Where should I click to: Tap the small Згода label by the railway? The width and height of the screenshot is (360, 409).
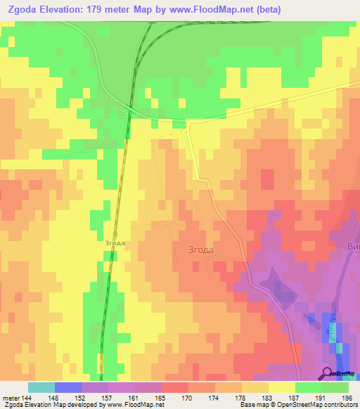[115, 243]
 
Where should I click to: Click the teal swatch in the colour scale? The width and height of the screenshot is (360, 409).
[41, 387]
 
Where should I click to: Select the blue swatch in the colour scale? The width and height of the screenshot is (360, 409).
[67, 387]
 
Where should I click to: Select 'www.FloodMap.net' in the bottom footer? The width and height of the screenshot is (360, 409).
[134, 405]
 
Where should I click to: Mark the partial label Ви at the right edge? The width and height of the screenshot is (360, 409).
[353, 247]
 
